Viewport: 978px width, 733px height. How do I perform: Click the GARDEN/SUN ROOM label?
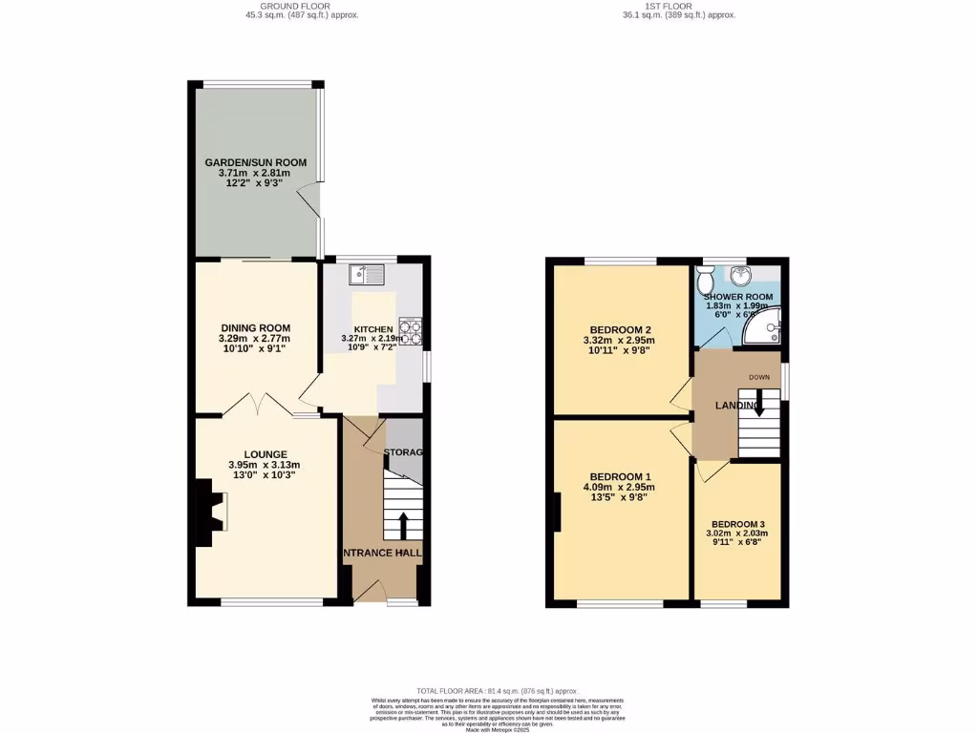tap(256, 163)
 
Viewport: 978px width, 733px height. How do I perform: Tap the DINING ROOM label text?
tap(254, 328)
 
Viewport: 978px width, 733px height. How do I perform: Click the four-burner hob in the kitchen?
tap(412, 331)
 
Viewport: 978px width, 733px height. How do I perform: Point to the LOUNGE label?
tap(266, 454)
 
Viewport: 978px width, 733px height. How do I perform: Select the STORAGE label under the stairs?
tap(403, 451)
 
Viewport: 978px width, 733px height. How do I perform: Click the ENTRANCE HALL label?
tap(383, 553)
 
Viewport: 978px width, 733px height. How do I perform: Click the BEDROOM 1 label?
tap(621, 476)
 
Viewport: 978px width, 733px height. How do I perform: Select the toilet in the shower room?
tap(705, 280)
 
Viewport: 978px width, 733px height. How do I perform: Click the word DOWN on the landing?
tap(759, 377)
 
